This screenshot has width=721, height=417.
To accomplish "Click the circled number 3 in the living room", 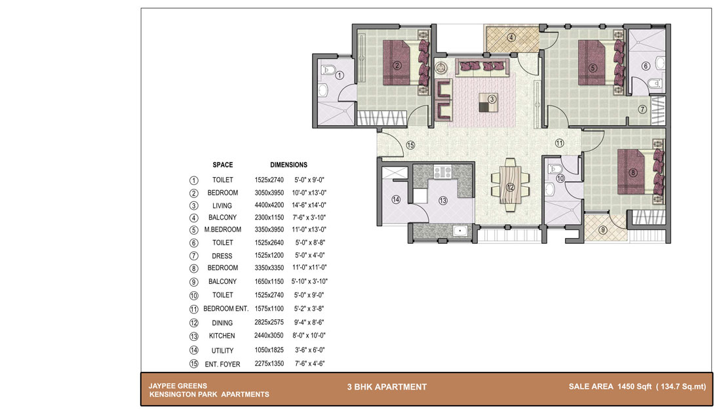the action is pyautogui.click(x=492, y=99).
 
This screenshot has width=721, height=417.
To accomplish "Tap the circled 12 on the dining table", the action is pyautogui.click(x=510, y=187).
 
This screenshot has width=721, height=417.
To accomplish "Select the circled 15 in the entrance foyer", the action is pyautogui.click(x=410, y=146).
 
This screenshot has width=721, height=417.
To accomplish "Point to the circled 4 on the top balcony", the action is pyautogui.click(x=511, y=37).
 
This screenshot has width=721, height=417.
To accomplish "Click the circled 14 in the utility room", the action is pyautogui.click(x=395, y=199).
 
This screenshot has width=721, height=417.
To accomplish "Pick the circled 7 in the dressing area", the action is pyautogui.click(x=642, y=109).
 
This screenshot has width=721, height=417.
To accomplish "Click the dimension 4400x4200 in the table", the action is pyautogui.click(x=269, y=205).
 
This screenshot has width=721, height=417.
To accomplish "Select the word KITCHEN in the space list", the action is pyautogui.click(x=222, y=336).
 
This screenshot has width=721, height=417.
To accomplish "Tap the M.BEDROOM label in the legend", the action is pyautogui.click(x=223, y=229).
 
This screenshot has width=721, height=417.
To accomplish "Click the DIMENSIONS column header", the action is pyautogui.click(x=288, y=165).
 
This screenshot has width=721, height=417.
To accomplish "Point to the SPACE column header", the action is pyautogui.click(x=223, y=165).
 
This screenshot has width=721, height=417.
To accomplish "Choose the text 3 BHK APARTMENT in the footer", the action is pyautogui.click(x=387, y=387).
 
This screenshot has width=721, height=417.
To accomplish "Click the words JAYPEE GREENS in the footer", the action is pyautogui.click(x=178, y=386).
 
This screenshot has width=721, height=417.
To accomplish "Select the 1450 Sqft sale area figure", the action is pyautogui.click(x=634, y=387).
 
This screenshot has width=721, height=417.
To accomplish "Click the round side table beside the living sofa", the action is pyautogui.click(x=441, y=67).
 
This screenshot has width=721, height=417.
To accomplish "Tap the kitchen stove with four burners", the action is pyautogui.click(x=442, y=172).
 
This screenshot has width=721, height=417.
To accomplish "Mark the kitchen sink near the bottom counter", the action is pyautogui.click(x=460, y=230).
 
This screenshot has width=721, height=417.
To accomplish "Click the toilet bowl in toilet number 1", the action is pyautogui.click(x=327, y=70).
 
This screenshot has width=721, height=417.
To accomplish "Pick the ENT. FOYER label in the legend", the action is pyautogui.click(x=223, y=364).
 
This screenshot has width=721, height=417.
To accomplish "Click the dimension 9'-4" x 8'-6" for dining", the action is pyautogui.click(x=309, y=323).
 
